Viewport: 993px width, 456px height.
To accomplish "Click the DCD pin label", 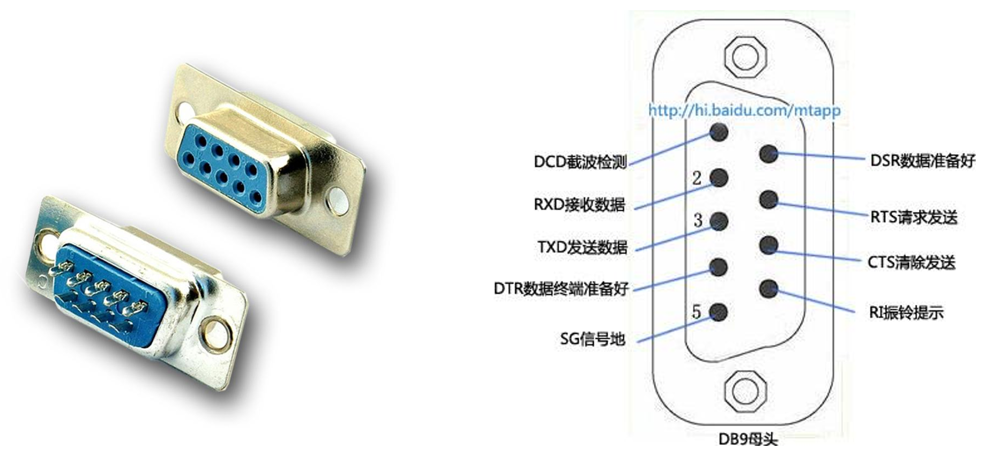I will pos(580,162).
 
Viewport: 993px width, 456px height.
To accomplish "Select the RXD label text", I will pos(579,205).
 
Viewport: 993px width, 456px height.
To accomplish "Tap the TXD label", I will pos(583,247).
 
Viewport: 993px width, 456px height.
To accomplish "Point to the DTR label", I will pos(561,289).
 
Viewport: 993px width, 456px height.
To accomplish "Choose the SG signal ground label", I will pos(593,339).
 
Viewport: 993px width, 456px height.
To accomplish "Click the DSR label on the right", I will pos(922,161).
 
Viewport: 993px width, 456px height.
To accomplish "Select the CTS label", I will pos(911,263).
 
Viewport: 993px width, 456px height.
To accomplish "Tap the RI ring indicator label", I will pos(906,312).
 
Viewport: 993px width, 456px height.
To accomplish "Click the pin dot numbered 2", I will pos(718,177).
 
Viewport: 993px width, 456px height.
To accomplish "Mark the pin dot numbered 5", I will pos(718,312).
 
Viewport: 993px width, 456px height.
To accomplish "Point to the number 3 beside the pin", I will pos(698,220).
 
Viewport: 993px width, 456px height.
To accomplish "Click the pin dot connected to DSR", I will pos(768,154).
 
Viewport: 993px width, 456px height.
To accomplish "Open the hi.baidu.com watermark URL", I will pos(744,110).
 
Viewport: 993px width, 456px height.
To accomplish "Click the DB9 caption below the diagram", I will pos(748,439).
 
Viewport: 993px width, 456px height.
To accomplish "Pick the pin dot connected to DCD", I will pos(719,132).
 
